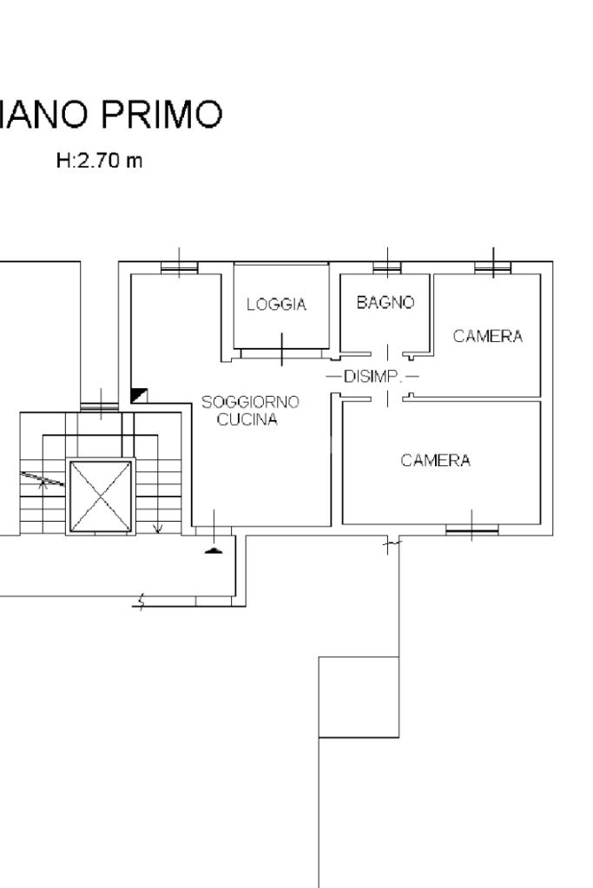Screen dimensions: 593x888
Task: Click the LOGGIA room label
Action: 276,305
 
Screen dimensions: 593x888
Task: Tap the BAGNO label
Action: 385,302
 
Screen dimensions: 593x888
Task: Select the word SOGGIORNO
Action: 250,402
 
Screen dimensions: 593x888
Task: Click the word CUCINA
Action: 247,419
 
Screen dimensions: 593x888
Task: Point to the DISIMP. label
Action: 372,377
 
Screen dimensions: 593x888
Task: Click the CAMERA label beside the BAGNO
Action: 488,337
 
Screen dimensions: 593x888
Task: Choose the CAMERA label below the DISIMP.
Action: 436,460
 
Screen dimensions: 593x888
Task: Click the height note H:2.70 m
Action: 99,161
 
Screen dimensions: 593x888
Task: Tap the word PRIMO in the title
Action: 161,114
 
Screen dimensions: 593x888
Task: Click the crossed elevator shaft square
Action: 100,497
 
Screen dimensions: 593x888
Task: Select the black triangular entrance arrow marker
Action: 213,550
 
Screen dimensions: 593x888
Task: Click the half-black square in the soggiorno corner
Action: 139,395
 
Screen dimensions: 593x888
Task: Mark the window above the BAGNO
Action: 387,267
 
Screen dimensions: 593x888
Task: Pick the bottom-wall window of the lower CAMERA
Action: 471,530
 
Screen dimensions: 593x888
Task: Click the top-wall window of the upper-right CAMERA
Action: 493,267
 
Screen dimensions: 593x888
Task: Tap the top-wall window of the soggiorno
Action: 180,267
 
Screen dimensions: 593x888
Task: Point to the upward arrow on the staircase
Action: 42,482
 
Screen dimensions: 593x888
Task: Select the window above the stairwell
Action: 100,406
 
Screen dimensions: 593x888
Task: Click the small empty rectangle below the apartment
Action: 359,697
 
